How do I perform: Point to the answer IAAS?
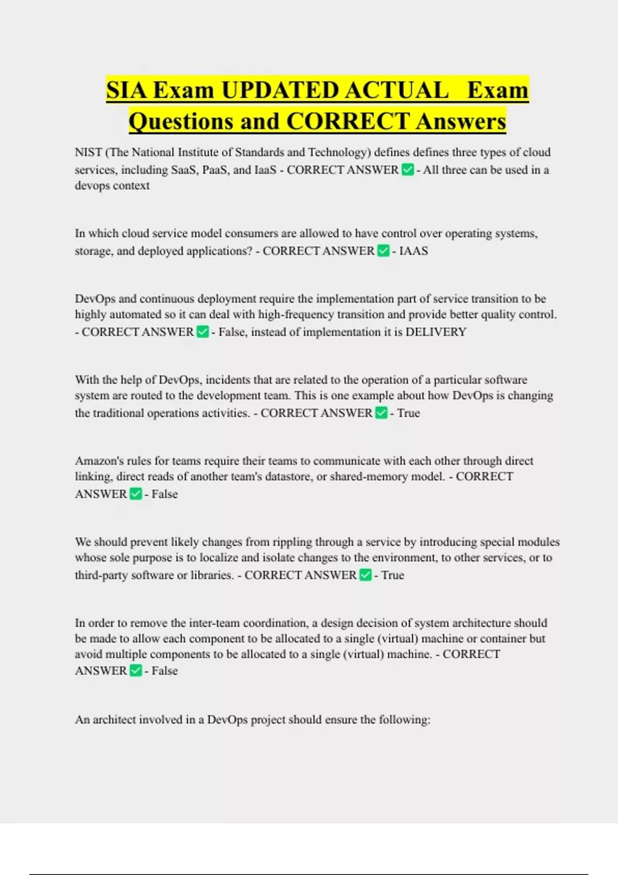tap(414, 251)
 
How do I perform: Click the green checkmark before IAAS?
tap(383, 251)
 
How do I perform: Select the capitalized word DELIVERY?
tap(436, 332)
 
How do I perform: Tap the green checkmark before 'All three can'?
tap(407, 169)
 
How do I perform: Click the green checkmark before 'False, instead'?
tap(203, 331)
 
